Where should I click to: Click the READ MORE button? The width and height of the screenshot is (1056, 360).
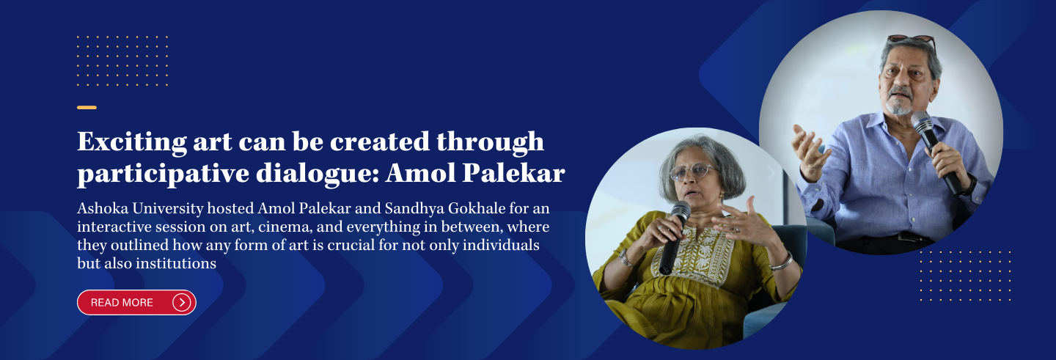pyautogui.click(x=136, y=303)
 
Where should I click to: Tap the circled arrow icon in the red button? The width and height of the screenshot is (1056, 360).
pyautogui.click(x=182, y=303)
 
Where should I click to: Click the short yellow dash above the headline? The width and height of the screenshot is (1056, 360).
pyautogui.click(x=87, y=108)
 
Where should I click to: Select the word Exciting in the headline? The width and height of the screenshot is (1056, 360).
pyautogui.click(x=132, y=142)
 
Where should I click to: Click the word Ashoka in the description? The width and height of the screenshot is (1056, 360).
pyautogui.click(x=103, y=208)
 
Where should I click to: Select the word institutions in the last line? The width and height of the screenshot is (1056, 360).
pyautogui.click(x=176, y=263)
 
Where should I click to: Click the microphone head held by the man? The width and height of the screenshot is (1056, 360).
pyautogui.click(x=922, y=122)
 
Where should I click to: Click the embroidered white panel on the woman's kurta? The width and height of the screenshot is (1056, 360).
pyautogui.click(x=695, y=254)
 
